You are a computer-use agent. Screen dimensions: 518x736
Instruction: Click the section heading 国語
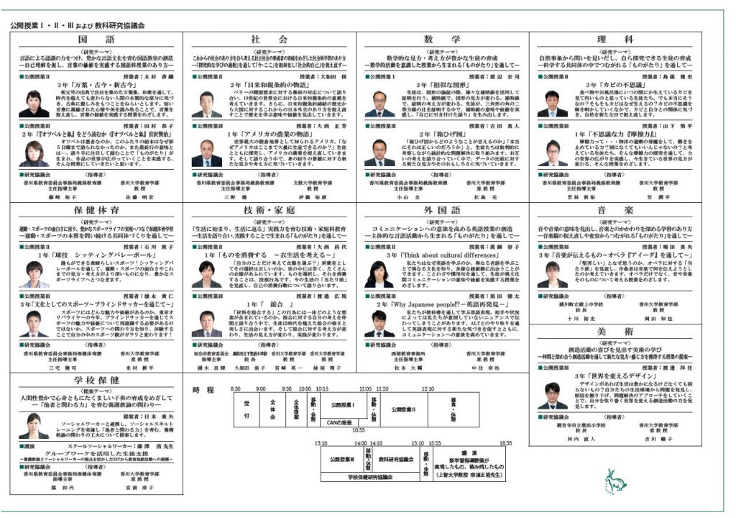[96, 39]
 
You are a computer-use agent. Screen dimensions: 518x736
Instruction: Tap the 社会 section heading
[270, 39]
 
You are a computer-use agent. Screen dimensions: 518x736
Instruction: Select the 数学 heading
[441, 39]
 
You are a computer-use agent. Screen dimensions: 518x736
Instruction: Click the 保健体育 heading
[96, 209]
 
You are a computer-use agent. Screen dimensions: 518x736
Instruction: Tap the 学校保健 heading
[96, 380]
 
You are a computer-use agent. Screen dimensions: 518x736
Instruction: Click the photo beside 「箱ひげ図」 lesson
[379, 153]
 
